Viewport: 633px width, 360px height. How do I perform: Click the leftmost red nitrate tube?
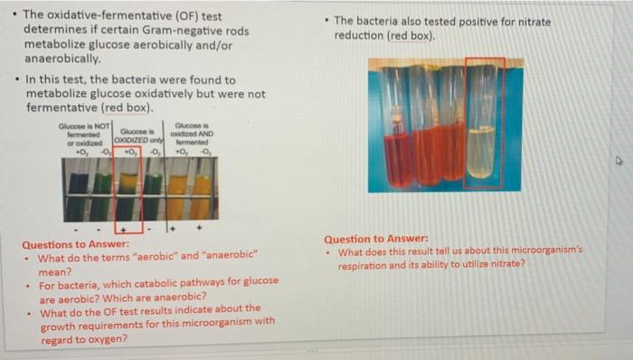pos(396,145)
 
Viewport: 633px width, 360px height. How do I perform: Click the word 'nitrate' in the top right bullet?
pos(532,22)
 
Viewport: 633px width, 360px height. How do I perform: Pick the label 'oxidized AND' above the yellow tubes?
pos(192,135)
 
